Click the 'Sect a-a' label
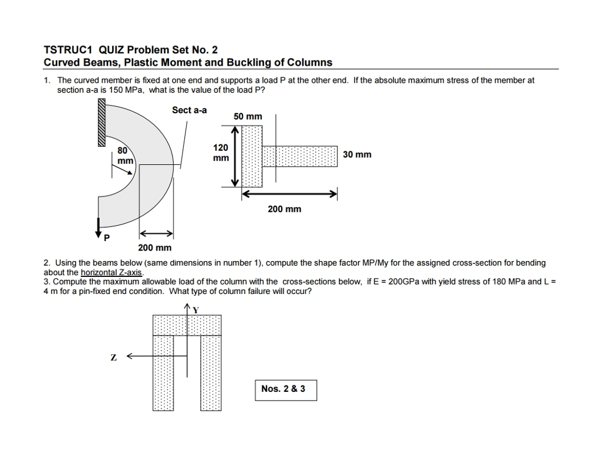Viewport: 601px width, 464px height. coord(189,110)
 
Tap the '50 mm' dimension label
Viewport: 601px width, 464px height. coord(248,117)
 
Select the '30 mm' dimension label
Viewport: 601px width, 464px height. coord(357,155)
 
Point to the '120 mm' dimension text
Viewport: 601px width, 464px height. coord(221,153)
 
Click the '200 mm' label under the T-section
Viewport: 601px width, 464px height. coord(284,209)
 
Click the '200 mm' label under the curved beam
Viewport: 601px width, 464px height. coord(154,248)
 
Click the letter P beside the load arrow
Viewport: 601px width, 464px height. coord(106,238)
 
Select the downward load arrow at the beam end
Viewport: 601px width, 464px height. coord(99,226)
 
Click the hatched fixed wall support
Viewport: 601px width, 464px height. coord(101,123)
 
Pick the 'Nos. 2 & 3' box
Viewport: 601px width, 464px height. coord(286,390)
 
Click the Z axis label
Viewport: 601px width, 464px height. coord(113,357)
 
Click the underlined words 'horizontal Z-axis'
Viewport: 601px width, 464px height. coord(112,272)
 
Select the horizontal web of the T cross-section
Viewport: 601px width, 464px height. coord(300,157)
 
